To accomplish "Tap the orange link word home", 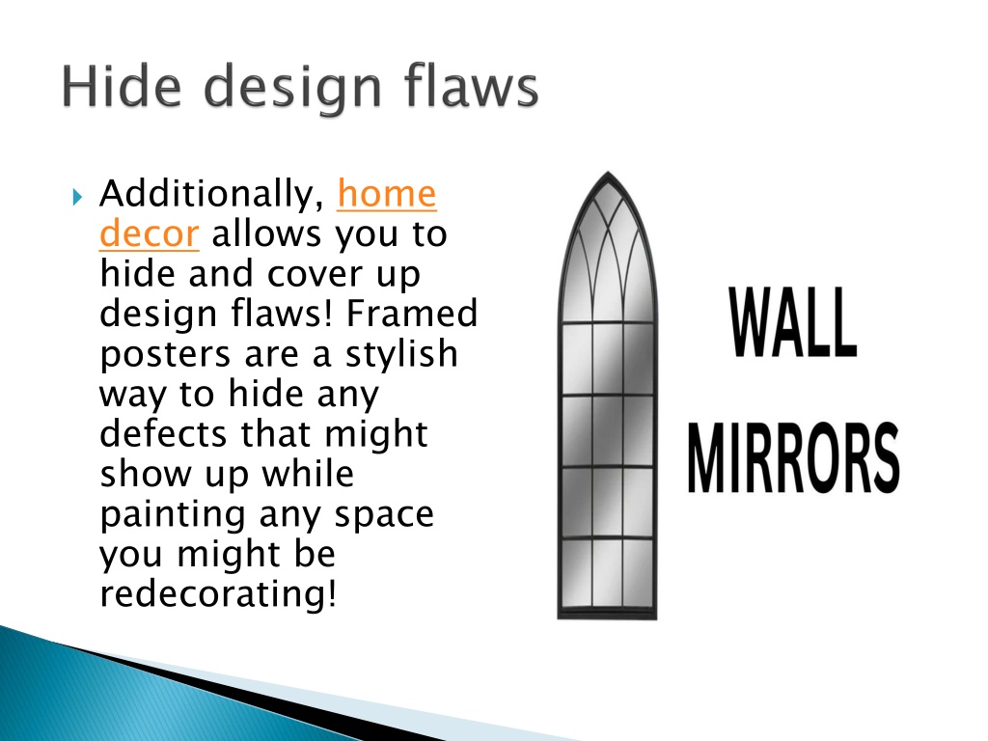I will pos(386,195).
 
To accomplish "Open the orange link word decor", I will pos(149,234).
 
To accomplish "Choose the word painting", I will pos(174,514).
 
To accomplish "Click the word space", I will pos(384,514).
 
